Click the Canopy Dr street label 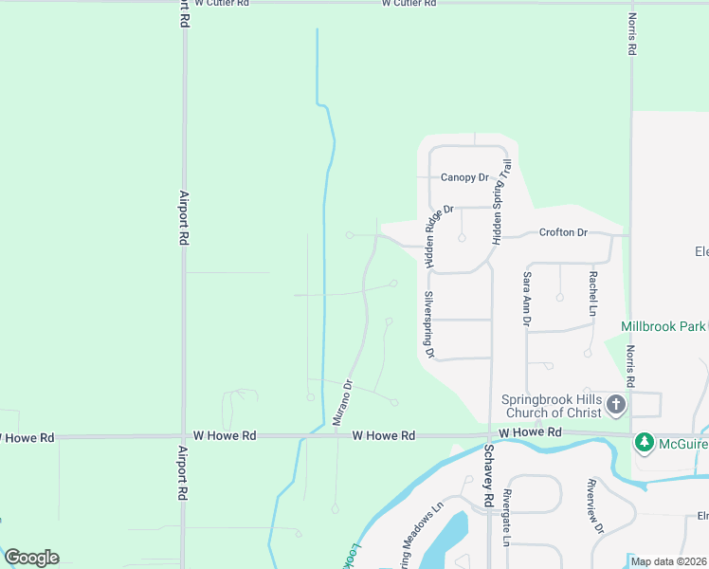click(x=464, y=177)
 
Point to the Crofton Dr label click(x=563, y=232)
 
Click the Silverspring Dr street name click(x=428, y=324)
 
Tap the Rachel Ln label click(x=593, y=294)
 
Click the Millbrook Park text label click(x=664, y=326)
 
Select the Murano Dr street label click(x=347, y=403)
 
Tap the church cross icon click(x=616, y=406)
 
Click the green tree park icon click(x=645, y=442)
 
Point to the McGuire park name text click(x=682, y=442)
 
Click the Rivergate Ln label click(x=507, y=519)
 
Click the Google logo click(x=31, y=558)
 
